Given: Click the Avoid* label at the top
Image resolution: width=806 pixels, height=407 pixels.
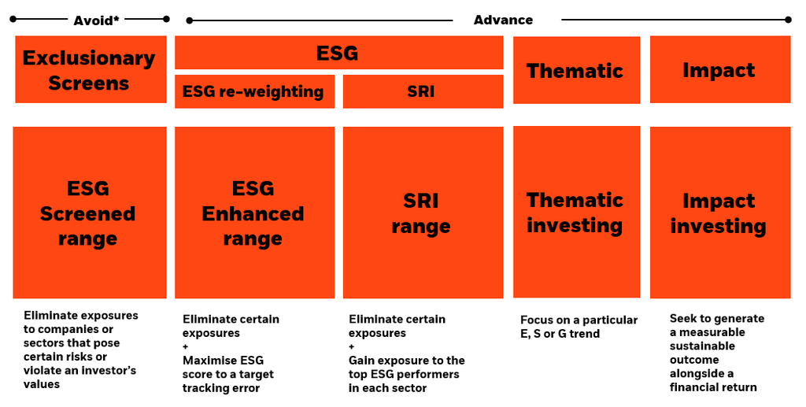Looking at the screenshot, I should click(x=96, y=20).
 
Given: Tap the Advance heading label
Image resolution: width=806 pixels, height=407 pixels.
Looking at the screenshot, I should click(x=503, y=20).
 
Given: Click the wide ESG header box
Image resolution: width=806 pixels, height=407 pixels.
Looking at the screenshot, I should click(x=338, y=54).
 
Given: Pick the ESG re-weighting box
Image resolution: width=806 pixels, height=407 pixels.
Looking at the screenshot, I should click(x=253, y=91).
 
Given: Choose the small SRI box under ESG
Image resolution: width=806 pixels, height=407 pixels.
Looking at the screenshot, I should click(x=422, y=91).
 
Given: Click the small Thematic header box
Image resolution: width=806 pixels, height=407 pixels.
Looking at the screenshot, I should click(x=575, y=70).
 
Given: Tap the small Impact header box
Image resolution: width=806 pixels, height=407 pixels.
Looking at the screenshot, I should click(x=719, y=70).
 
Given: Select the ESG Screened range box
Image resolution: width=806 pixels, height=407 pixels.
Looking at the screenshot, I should click(x=89, y=213).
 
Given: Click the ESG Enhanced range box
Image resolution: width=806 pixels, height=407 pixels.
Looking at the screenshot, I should click(x=253, y=213).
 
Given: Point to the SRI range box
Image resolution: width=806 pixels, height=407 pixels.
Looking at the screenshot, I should click(x=422, y=213).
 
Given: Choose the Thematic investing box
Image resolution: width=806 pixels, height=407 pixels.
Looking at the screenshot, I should click(x=575, y=213).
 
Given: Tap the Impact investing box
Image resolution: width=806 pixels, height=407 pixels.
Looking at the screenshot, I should click(x=719, y=213).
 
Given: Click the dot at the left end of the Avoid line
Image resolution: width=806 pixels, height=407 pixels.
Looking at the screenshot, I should click(x=12, y=19).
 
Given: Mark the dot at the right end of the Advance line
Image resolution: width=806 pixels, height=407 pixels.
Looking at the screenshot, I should click(x=788, y=20).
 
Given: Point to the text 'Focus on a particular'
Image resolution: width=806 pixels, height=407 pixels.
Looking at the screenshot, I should click(x=579, y=320).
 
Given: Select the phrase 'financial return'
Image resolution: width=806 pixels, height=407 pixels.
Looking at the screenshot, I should click(x=713, y=387).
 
